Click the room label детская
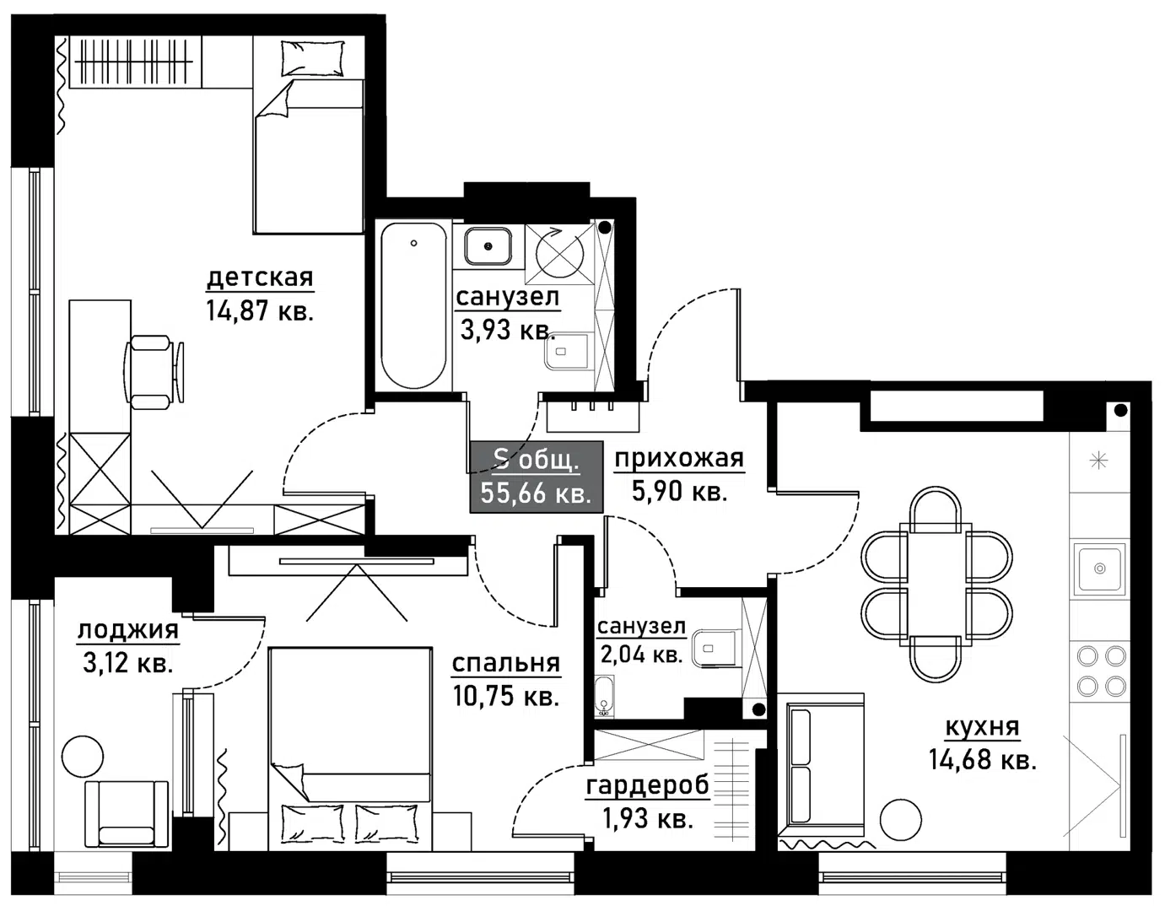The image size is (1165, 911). (x=260, y=277)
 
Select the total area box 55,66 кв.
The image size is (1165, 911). (x=536, y=477)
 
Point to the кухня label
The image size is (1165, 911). (x=982, y=726)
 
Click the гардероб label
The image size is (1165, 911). (x=648, y=786)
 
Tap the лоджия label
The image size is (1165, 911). (x=128, y=630)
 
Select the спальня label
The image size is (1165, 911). (x=505, y=664)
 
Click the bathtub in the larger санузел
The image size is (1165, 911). (x=413, y=305)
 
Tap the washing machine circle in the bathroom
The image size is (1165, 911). (x=561, y=253)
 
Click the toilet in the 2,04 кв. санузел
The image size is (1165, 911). (x=713, y=650)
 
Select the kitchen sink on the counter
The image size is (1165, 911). (x=1098, y=569)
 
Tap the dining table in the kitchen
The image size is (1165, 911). (x=936, y=584)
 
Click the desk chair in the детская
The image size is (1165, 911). (x=154, y=371)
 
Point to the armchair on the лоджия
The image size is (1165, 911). (x=127, y=812)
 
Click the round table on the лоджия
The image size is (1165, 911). (x=83, y=756)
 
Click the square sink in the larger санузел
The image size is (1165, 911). (x=488, y=245)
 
